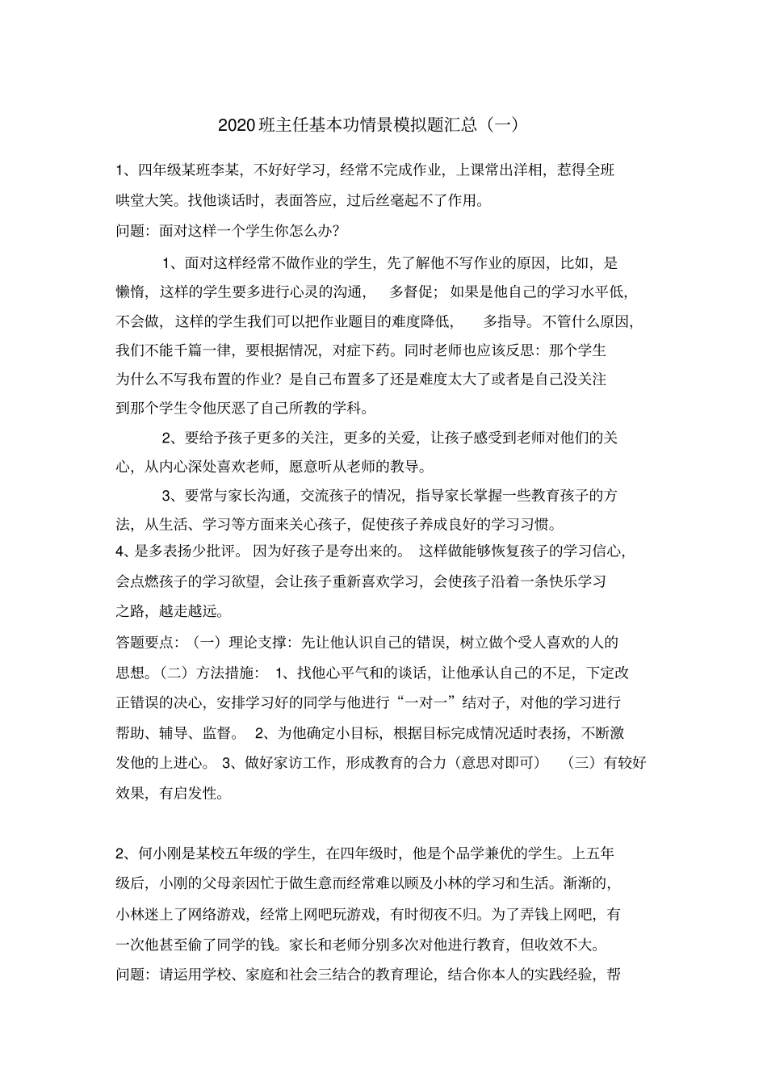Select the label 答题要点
click(x=145, y=643)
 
